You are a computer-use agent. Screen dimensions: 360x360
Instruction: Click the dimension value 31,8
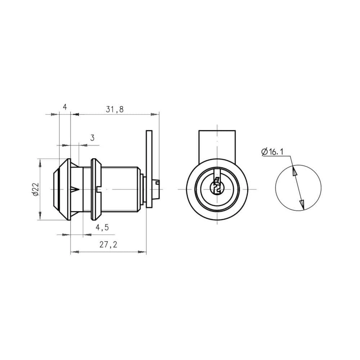[114, 109]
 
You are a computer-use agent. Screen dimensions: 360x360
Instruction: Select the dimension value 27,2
[108, 245]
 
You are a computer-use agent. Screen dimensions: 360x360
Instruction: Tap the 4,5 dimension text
[102, 228]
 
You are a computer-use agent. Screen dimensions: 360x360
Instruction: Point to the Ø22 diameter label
[36, 189]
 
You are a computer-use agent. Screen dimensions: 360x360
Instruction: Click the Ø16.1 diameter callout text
[272, 152]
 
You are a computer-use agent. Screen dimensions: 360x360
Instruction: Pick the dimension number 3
[92, 138]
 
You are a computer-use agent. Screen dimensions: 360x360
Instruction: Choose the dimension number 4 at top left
[65, 107]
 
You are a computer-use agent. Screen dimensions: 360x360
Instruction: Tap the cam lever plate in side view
[149, 169]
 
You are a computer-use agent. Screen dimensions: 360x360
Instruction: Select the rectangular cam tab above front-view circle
[217, 145]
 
